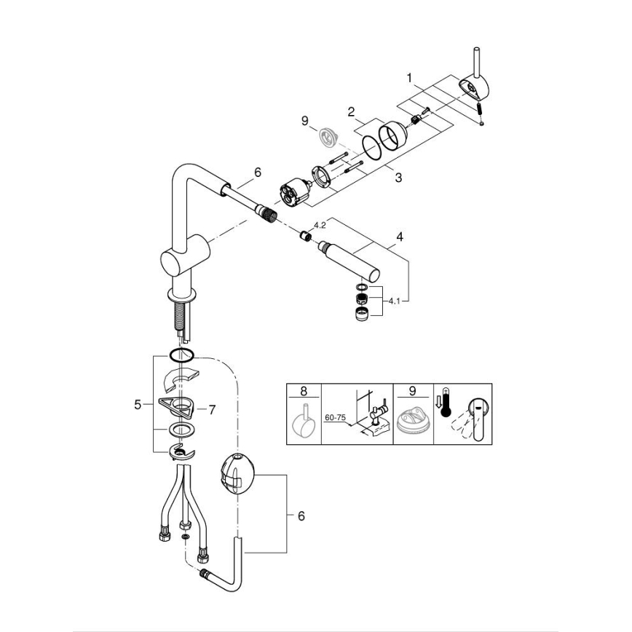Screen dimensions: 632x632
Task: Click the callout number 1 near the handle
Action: pos(410,76)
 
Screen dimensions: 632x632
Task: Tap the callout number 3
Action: pos(398,177)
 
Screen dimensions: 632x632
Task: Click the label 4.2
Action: pos(319,225)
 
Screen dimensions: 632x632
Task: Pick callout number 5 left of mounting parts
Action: pos(138,405)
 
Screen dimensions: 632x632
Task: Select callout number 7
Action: pos(212,410)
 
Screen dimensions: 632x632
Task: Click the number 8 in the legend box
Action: pos(302,392)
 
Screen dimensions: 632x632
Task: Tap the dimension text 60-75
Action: pos(336,418)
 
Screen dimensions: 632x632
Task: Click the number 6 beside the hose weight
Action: pos(301,516)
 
